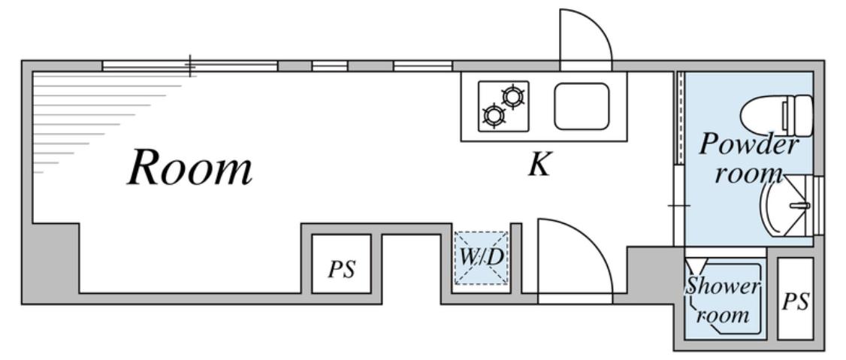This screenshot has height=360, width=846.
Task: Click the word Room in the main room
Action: pos(190,168)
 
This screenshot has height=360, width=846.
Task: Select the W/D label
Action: pos(482,256)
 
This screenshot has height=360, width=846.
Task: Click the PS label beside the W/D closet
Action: pos(341,269)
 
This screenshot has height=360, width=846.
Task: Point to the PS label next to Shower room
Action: pos(795,301)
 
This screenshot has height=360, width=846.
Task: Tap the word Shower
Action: pos(723,286)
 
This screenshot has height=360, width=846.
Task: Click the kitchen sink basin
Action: pos(581,106)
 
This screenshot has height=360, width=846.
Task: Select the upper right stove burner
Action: pos(514,95)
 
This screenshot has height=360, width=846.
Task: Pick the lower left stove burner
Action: pos(493,115)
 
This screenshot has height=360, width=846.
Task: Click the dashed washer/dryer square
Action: pos(482,258)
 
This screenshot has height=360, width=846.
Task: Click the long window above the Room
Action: pos(189,66)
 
